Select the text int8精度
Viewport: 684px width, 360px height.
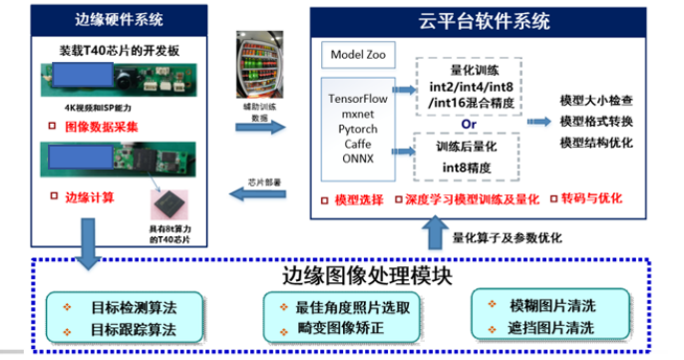pyautogui.click(x=467, y=167)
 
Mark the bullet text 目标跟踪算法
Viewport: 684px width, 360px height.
pyautogui.click(x=133, y=328)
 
